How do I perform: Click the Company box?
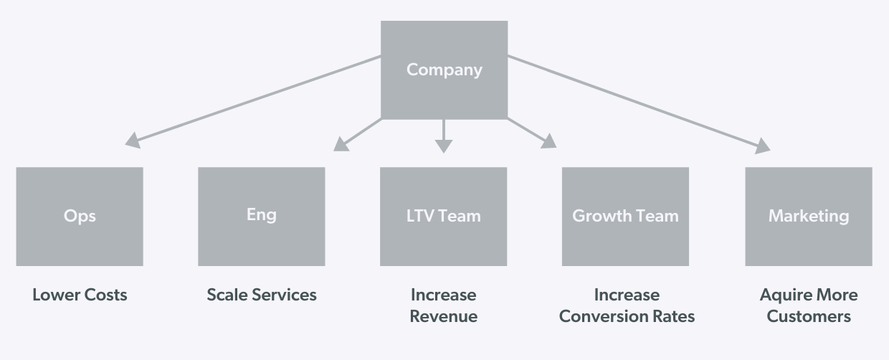444,70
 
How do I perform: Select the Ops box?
80,216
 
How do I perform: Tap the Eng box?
261,215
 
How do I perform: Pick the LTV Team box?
443,216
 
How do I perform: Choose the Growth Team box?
625,216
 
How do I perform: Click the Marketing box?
808,216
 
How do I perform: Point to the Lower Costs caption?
80,295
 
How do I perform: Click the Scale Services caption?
261,295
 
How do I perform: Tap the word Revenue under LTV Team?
443,316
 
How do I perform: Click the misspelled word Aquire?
783,295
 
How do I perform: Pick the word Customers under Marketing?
808,316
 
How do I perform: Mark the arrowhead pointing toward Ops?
133,141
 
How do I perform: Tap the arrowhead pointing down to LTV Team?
444,145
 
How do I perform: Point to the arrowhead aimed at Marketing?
762,146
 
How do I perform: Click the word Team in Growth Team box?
659,216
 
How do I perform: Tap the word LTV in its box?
419,216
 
